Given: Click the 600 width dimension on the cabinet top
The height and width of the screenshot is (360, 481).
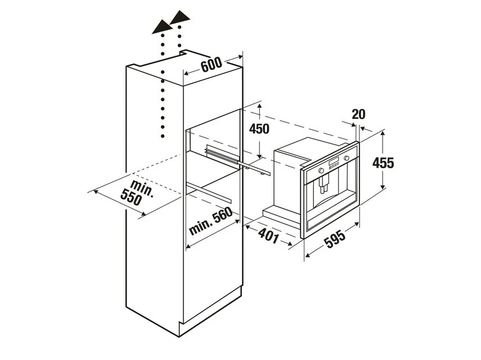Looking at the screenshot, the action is tap(212, 64).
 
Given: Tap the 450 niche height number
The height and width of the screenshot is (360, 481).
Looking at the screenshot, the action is tap(259, 128).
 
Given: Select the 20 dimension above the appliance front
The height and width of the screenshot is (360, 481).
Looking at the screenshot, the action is tap(358, 114).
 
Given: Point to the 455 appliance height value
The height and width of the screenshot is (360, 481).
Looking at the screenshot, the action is tap(383, 163).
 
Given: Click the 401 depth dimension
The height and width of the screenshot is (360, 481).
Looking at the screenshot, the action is tap(269, 235).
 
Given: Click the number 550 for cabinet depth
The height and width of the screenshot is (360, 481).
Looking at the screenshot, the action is tap(131, 197).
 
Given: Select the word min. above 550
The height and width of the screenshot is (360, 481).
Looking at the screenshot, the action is tap(142, 188).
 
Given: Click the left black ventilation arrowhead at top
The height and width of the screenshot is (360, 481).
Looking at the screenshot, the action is tap(162, 27).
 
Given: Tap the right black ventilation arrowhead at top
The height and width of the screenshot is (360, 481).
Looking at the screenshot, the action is tap(180, 17).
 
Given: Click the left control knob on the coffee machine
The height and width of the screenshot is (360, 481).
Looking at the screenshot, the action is tap(321, 170).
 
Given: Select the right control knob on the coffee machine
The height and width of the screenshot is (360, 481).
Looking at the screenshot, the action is tap(347, 158).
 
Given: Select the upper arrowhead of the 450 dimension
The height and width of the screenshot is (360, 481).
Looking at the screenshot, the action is tap(260, 107).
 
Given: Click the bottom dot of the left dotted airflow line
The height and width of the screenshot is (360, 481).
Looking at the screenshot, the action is tap(163, 136).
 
